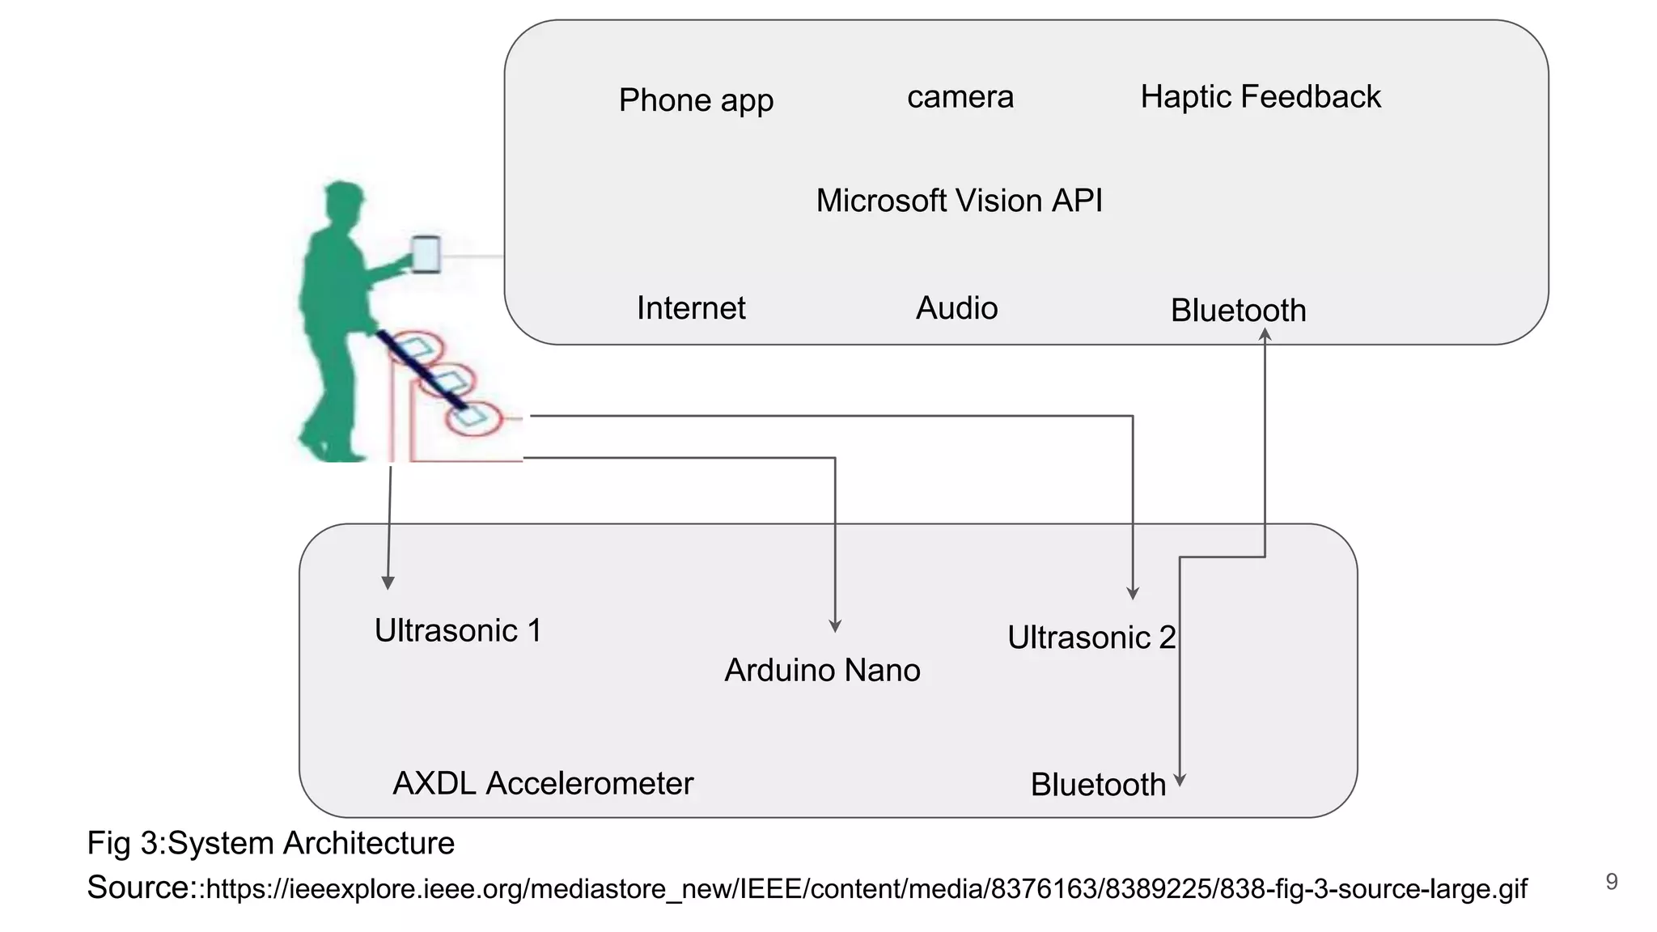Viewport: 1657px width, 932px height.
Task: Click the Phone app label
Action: pos(696,100)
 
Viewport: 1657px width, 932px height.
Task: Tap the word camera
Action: pos(960,97)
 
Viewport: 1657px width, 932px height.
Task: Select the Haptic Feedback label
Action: pos(1260,96)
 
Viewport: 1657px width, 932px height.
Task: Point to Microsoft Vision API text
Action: pos(959,201)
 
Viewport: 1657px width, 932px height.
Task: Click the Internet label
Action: pos(690,308)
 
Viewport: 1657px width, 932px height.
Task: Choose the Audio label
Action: pos(956,308)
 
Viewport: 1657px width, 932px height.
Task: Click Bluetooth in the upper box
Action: pos(1238,311)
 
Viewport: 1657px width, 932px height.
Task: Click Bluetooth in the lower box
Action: pos(1097,785)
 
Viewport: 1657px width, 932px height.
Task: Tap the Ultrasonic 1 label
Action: pos(458,630)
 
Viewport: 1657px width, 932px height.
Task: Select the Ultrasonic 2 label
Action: pos(1091,638)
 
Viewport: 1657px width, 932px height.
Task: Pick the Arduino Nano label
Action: pos(822,670)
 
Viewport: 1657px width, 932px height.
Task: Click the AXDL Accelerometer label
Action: pos(543,783)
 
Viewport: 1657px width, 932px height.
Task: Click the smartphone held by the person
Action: pos(426,254)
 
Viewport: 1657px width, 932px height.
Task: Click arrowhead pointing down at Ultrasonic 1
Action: pos(388,582)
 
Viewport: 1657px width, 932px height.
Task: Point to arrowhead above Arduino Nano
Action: pos(835,626)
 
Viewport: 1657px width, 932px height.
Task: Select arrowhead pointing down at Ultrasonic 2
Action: pos(1133,593)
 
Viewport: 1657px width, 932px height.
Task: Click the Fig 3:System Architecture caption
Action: pos(270,843)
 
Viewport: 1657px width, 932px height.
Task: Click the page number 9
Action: pos(1611,881)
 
